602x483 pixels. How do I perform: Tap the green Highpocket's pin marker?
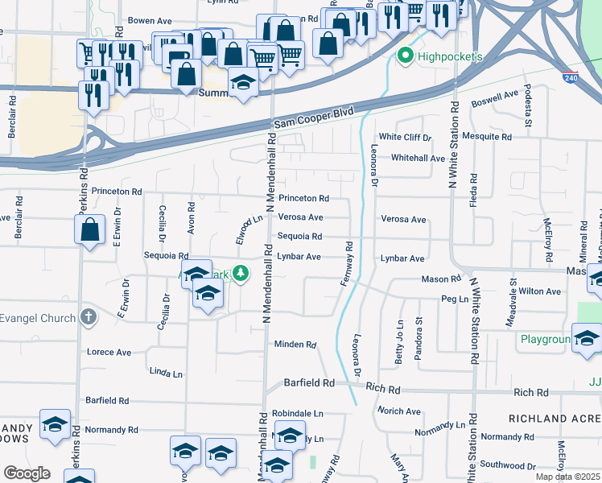(405, 56)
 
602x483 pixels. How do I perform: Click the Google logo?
(27, 473)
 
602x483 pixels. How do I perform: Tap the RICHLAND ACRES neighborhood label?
(555, 419)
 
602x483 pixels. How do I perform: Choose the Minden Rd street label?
(295, 345)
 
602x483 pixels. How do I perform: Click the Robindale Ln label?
(297, 413)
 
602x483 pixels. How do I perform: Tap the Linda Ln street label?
(167, 374)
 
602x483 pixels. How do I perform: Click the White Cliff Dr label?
(406, 138)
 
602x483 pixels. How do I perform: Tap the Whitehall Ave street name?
(418, 159)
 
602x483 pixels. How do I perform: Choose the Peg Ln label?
(455, 299)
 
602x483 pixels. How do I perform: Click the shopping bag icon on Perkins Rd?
(90, 229)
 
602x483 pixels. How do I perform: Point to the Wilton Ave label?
(539, 291)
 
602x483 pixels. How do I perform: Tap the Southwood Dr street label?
(508, 465)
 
